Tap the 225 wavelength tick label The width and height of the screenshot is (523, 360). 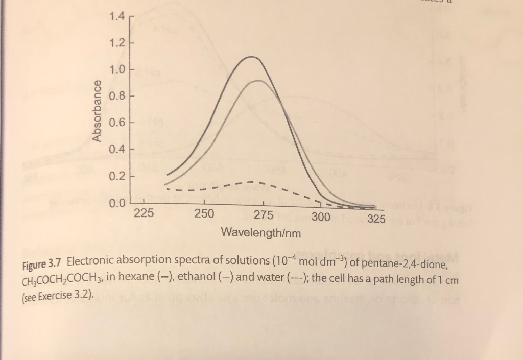point(144,214)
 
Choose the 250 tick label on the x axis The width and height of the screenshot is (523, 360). point(204,214)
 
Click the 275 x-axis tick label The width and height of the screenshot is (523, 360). point(263,215)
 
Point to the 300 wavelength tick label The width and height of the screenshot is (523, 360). point(321,218)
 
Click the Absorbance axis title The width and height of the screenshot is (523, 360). point(96,110)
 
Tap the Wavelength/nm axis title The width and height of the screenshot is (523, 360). point(261,233)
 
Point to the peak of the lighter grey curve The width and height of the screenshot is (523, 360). point(259,80)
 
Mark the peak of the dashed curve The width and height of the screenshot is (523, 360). point(252,181)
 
